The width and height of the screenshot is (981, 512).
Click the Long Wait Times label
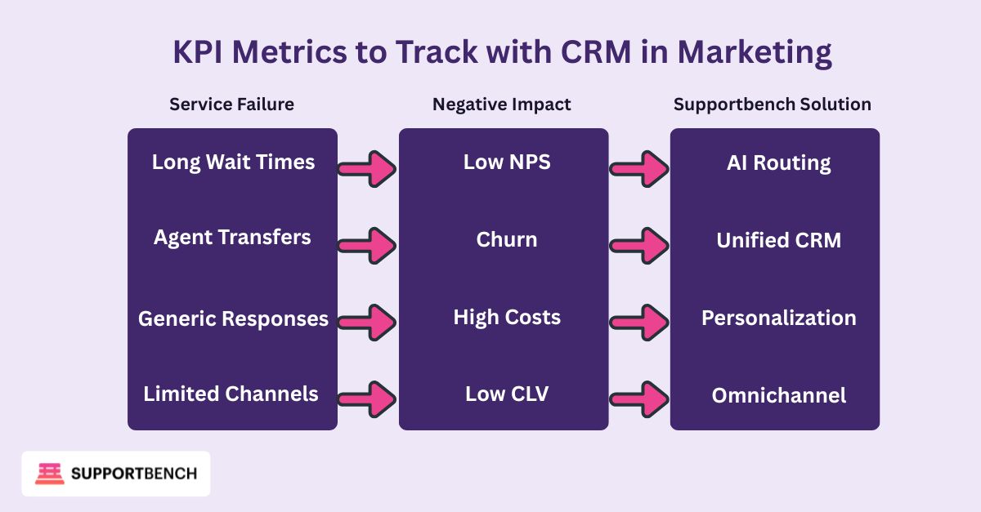coord(233,162)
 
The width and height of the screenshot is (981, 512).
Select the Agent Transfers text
coord(233,238)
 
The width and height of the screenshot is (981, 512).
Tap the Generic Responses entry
coord(233,318)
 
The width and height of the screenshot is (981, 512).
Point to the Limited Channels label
coord(231,394)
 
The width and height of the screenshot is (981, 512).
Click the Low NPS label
coord(507,162)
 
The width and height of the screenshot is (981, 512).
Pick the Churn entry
coord(507,240)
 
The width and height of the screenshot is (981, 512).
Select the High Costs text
coord(507,317)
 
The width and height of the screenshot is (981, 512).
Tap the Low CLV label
coord(507,394)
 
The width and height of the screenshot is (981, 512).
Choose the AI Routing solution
coord(778,163)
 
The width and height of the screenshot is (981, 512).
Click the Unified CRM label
coord(778,240)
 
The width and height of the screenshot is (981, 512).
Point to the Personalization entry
coord(778,318)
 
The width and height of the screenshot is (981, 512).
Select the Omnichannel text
coord(778,396)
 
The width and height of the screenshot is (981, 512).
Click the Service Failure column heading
coord(231,105)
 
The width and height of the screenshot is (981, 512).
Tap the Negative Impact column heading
coord(502,105)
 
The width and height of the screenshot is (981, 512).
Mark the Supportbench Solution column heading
coord(772,105)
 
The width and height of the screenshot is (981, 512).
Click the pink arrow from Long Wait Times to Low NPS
coord(368,169)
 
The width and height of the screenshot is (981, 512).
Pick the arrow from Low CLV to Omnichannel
coord(639,400)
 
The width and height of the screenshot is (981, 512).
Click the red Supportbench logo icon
coord(49,474)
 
